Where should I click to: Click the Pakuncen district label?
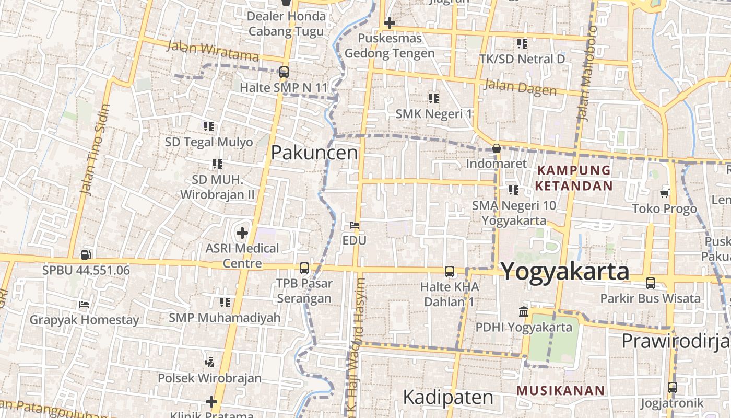pos(314,153)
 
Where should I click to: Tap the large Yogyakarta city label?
pos(565,272)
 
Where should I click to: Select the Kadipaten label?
pos(448,397)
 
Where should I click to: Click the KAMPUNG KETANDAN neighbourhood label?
pos(573,178)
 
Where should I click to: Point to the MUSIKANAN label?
pos(560,390)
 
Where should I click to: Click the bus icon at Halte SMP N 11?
pos(284,72)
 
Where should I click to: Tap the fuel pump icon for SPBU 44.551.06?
pos(86,255)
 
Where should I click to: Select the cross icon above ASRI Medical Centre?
pos(242,233)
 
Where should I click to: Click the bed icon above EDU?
pos(355,226)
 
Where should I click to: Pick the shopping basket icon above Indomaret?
pos(497,148)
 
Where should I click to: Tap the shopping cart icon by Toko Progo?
pos(664,194)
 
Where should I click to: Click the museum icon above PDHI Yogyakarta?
pos(523,312)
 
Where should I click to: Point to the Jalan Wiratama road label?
pos(212,50)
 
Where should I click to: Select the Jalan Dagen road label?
pos(520,87)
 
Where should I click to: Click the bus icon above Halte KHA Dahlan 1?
pos(449,272)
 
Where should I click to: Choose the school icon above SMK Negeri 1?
pos(433,98)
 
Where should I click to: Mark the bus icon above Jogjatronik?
pos(673,388)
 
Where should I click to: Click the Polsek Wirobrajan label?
pos(209,378)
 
